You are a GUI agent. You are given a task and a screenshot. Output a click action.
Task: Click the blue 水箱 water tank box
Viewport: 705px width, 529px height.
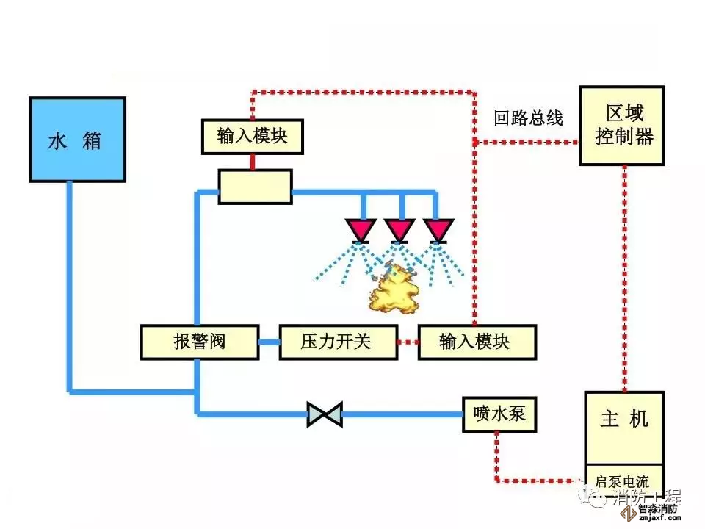76,139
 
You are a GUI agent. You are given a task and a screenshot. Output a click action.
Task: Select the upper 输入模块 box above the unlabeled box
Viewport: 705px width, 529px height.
253,137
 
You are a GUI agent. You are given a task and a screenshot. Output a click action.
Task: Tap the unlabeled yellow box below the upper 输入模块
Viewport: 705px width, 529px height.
255,187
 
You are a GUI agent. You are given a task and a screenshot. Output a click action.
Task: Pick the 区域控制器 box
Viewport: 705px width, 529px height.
623,126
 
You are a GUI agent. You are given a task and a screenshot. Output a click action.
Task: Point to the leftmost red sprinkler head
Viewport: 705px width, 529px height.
360,231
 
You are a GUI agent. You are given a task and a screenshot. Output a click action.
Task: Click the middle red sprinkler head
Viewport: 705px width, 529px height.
399,231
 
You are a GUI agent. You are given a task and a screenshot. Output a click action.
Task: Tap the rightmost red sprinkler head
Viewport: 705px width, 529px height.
439,231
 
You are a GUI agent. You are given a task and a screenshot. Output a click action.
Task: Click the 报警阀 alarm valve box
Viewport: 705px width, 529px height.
199,342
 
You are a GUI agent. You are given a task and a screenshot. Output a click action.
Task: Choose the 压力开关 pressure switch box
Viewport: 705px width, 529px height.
337,342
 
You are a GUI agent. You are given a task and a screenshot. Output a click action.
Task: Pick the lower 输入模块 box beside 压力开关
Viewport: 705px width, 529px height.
477,342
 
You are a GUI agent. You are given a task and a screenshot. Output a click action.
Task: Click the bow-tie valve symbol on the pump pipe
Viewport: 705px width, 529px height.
324,414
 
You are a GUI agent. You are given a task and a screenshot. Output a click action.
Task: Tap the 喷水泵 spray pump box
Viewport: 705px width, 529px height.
499,414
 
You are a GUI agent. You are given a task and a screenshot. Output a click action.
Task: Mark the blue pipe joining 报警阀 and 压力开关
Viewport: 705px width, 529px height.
269,342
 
